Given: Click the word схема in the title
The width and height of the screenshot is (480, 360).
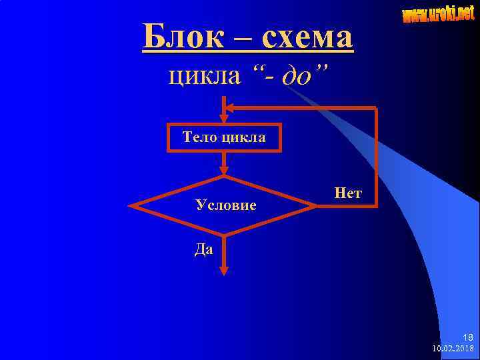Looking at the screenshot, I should coord(307,37).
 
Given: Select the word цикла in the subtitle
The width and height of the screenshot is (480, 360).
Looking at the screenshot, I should coord(203,75).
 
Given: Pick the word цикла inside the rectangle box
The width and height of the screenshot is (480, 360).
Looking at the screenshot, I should coord(245,139).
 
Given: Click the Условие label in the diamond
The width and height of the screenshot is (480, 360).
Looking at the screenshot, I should coord(226,205).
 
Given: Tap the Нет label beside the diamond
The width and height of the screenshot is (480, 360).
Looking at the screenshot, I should coord(348,193).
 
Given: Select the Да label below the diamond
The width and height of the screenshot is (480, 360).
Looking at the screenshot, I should coord(204,250).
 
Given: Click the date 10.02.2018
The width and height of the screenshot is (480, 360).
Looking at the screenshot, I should coord(453,349).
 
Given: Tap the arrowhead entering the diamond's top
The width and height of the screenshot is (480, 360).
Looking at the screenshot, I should coord(224,171).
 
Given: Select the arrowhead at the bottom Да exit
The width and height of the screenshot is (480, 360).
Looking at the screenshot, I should coord(224,270).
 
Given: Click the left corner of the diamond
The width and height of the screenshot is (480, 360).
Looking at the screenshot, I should coord(131,206).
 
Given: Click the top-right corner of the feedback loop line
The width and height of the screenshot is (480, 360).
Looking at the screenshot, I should coord(376,109).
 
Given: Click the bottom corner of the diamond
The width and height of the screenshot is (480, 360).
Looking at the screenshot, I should coord(224,235).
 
